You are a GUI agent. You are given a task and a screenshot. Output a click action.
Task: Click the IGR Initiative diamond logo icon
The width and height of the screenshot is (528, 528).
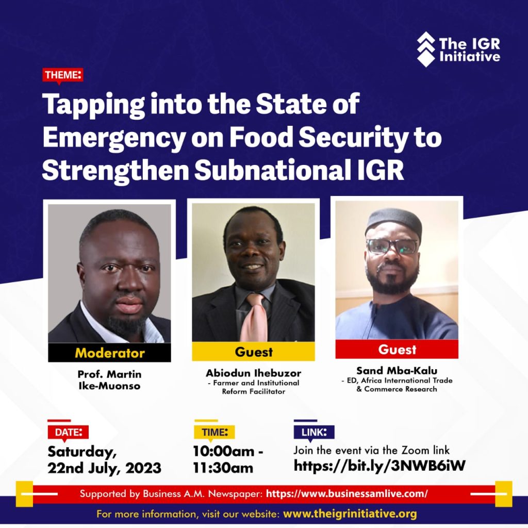click(426, 49)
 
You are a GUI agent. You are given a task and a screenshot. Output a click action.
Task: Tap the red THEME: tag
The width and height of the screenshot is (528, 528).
click(62, 75)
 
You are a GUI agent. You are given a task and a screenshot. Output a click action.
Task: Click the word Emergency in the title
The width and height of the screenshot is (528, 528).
click(114, 138)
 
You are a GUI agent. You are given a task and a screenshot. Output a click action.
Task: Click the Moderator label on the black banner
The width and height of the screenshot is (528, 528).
click(110, 353)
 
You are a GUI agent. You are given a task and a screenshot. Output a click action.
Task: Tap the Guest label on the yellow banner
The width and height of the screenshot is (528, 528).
click(254, 352)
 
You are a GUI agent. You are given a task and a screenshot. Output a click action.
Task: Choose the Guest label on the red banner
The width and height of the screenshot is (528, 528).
click(397, 350)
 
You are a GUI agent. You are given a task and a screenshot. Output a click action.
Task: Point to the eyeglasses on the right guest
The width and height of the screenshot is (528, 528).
click(392, 246)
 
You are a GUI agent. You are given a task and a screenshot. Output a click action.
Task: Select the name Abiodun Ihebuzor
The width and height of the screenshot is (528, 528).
click(254, 373)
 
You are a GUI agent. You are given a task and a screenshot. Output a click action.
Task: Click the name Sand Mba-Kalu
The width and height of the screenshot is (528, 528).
click(397, 371)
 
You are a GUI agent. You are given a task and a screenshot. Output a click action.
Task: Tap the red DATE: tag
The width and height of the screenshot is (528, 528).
click(68, 433)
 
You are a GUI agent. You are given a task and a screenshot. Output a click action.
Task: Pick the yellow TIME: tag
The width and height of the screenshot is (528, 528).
click(214, 433)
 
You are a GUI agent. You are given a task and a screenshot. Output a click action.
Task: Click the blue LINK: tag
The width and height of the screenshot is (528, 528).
click(314, 433)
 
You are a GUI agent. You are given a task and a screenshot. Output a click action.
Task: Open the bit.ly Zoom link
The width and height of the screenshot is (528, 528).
click(379, 466)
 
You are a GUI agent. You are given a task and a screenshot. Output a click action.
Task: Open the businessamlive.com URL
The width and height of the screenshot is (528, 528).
click(347, 494)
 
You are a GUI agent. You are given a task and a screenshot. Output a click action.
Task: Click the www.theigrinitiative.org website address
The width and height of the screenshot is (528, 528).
click(350, 514)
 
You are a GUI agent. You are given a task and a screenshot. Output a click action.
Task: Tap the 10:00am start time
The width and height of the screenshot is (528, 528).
click(224, 452)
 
